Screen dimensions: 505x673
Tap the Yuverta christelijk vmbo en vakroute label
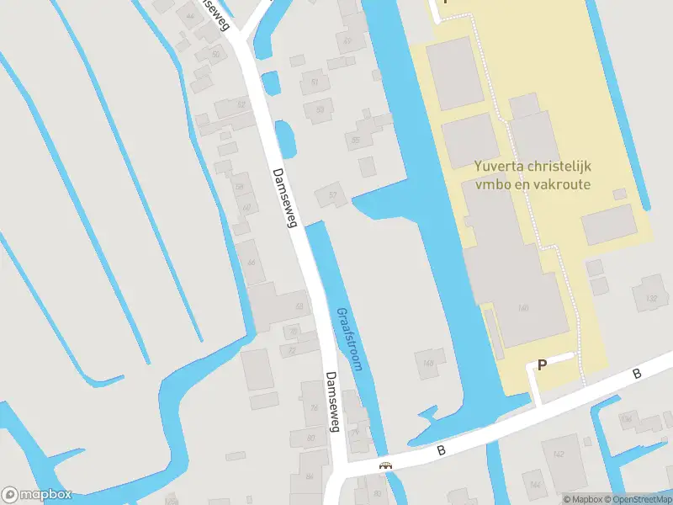coord(532,175)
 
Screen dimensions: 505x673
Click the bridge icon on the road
coord(386,465)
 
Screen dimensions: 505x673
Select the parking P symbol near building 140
coord(543,364)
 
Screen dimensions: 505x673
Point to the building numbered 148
coord(428,364)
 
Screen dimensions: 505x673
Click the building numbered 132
coord(650,298)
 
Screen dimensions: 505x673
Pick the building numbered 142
coord(560,454)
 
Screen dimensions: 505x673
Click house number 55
coord(358,141)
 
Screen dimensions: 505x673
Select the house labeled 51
coord(315,82)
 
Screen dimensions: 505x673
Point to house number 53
coord(320,109)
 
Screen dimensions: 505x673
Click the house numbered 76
coord(314,408)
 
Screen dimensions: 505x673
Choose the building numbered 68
coord(298,306)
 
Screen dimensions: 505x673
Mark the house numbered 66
coord(251,263)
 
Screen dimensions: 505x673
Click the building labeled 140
coord(523,308)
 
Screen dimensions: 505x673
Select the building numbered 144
coord(535,486)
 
